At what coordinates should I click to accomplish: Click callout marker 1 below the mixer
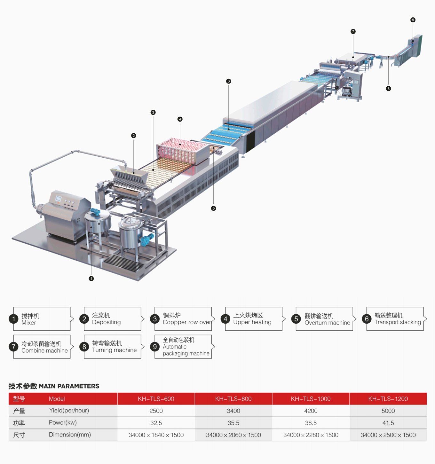pos(91,279)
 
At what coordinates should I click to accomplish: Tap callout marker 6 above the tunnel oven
pos(228,81)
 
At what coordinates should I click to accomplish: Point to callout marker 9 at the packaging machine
pos(413,20)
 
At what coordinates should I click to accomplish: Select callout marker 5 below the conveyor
pos(213,208)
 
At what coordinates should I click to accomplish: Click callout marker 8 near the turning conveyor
pos(388,89)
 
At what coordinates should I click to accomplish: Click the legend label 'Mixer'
pos(29,323)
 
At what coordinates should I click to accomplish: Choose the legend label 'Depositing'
pos(106,322)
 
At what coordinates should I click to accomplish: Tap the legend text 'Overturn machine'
pos(327,323)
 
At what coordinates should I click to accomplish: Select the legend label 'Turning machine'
pos(114,350)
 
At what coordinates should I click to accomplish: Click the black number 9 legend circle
pos(155,347)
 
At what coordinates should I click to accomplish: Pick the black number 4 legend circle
pos(225,319)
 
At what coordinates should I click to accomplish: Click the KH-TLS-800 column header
pos(233,399)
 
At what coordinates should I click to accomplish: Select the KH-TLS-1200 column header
pos(388,399)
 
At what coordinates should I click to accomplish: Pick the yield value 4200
pos(311,411)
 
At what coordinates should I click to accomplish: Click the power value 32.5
pos(156,423)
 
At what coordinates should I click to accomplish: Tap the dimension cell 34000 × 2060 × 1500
pos(233,435)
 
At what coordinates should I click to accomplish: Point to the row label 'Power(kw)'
pos(63,422)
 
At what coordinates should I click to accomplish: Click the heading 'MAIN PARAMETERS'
pos(69,386)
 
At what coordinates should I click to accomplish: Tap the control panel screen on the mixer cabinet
pos(58,199)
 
